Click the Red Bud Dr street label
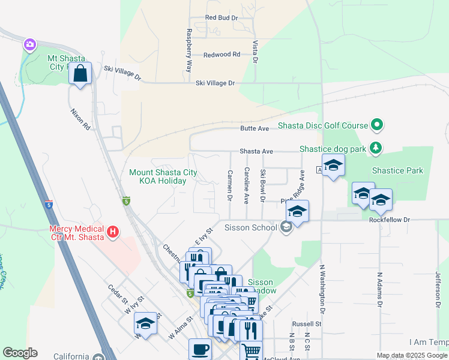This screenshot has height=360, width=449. point(221,18)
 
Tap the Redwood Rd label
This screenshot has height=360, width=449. point(221,55)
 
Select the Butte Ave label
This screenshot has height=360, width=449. point(255,128)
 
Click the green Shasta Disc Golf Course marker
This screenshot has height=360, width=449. point(377,125)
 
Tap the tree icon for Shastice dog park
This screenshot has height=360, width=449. point(376,147)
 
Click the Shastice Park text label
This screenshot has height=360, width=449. point(397,170)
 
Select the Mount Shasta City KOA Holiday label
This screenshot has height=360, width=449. point(163,176)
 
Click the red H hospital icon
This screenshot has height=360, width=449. point(112,232)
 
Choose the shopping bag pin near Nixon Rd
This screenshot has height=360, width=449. point(80,74)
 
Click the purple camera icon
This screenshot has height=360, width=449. point(29,44)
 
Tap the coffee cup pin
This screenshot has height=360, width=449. point(200,349)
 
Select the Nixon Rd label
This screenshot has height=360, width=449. point(80,119)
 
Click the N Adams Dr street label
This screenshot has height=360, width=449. point(379,290)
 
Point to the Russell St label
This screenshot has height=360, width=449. point(311,323)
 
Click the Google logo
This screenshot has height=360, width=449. point(20,353)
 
